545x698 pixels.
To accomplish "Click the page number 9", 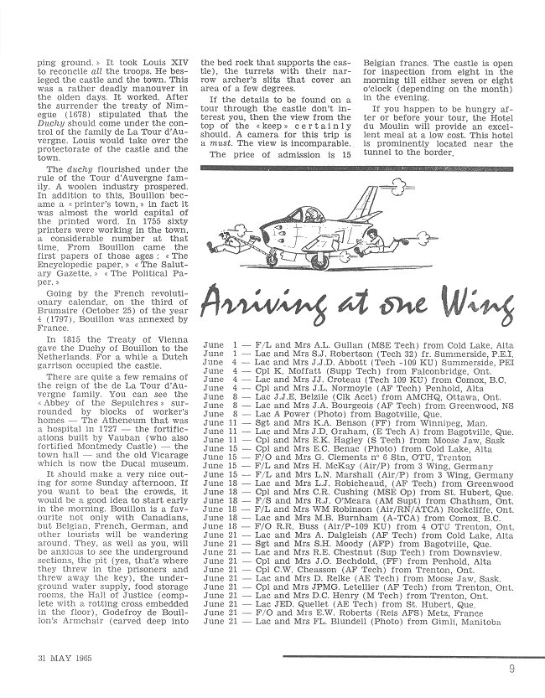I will pos(511,668).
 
